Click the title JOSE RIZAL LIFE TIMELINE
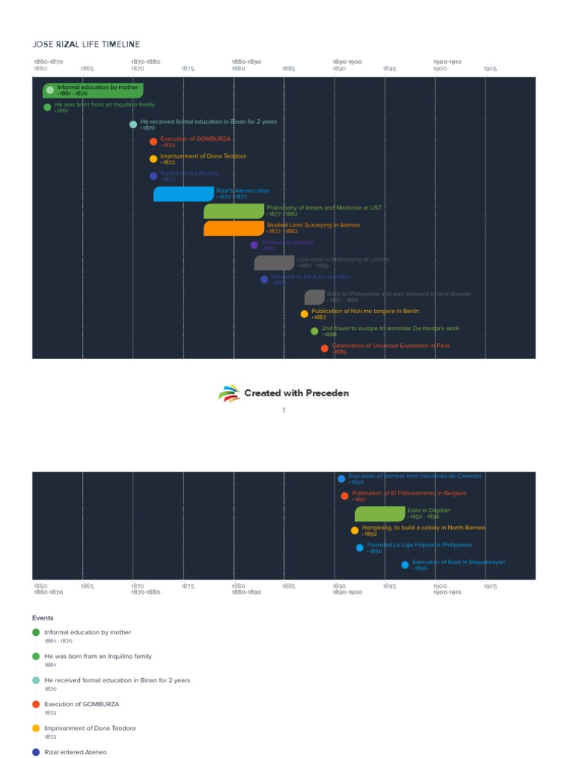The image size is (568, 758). coord(86,45)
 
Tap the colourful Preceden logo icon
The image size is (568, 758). coord(229,393)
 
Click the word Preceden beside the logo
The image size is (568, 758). coord(327,393)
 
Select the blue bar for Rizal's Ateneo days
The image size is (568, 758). coord(183,194)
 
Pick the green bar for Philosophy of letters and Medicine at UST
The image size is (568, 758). coord(234,211)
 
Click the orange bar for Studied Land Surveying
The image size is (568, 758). coord(234,228)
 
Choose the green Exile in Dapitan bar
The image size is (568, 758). coord(379,514)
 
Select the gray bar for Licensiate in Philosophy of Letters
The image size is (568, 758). coord(274,263)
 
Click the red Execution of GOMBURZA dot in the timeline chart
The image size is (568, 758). coord(153,141)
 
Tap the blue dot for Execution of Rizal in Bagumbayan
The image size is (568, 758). coord(405,565)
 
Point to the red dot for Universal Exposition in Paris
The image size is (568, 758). coord(324,349)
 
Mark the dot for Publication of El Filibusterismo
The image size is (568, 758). coord(345,496)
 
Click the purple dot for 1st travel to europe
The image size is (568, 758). coord(254,245)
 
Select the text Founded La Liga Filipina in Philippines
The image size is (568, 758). coord(419,545)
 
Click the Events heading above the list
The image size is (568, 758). coord(43,617)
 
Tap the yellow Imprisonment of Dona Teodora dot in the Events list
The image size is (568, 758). coord(36,728)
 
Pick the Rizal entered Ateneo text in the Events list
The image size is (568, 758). coord(75,751)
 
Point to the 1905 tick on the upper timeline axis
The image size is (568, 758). coord(490,69)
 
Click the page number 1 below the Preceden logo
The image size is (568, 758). coord(283,410)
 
